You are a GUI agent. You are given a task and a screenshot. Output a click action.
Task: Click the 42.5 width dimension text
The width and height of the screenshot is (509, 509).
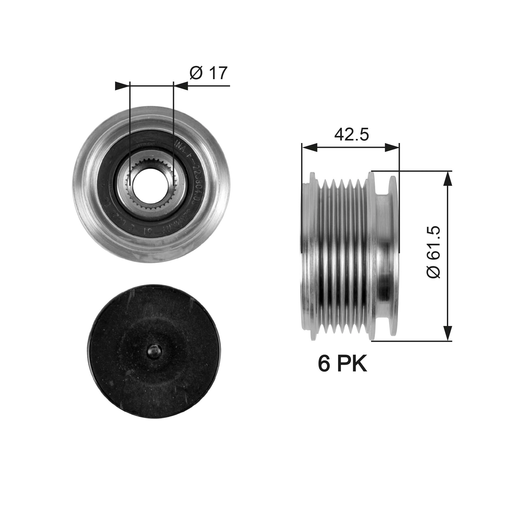coord(351,135)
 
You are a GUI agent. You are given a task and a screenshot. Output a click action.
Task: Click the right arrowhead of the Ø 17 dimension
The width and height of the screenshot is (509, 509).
coord(181,86)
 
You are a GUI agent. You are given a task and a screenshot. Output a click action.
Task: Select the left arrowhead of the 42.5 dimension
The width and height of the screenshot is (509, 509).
coord(309,148)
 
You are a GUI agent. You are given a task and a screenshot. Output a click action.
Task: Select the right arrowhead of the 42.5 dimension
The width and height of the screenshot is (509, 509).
coord(392,148)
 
